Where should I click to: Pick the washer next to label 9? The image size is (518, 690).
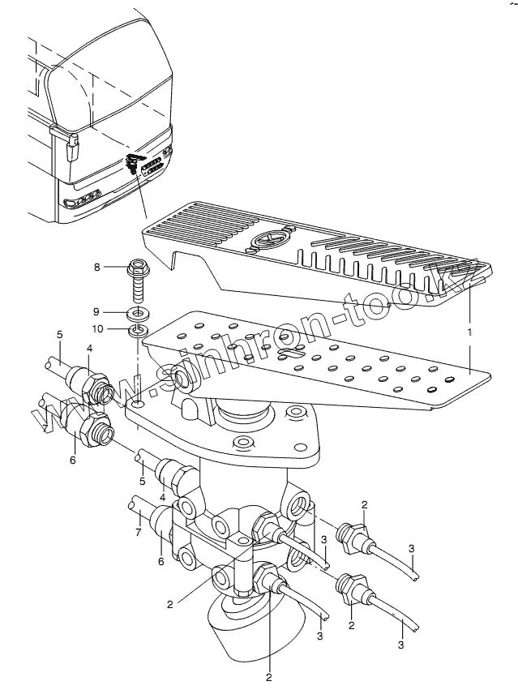pos(139,312)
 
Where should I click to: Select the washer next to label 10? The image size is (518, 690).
pos(139,330)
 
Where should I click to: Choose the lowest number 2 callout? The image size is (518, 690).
pos(268,676)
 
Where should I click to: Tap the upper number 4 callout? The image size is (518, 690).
pos(90,349)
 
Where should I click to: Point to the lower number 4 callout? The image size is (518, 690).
pos(162,496)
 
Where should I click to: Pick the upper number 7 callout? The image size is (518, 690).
pos(45,428)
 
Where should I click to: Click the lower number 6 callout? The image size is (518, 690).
pos(161,561)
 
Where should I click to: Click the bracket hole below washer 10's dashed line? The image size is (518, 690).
pos(139,403)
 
